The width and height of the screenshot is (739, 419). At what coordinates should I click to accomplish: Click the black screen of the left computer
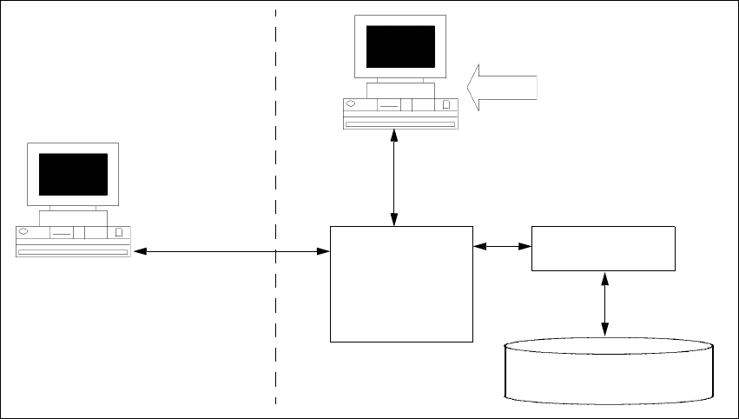tap(73, 174)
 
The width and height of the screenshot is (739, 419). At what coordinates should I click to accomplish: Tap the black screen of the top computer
tap(400, 46)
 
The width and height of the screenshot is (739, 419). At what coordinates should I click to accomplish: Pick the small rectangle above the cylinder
tap(603, 248)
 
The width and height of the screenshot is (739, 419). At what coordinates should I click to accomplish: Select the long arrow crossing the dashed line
tap(231, 252)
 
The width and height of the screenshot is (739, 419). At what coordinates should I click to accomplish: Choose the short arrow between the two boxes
tap(502, 246)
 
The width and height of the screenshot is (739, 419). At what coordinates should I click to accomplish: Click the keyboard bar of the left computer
tap(72, 251)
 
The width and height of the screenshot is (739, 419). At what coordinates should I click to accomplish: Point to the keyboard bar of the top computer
tap(400, 124)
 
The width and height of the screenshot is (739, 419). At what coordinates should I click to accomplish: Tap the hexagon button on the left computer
tap(23, 232)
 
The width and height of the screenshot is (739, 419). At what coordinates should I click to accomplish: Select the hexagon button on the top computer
tap(351, 104)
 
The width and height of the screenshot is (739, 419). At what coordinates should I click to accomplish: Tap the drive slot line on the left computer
tap(61, 234)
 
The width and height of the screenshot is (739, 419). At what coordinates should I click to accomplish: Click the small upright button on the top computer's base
tap(446, 105)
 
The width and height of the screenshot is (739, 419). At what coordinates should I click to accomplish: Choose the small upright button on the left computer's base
tap(118, 233)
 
